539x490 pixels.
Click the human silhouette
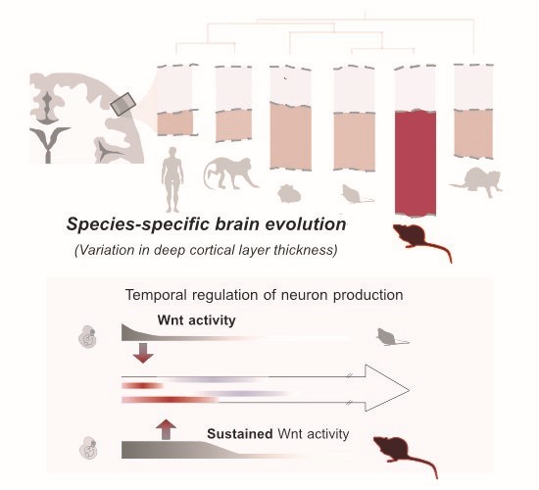pyautogui.click(x=172, y=179)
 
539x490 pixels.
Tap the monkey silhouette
pyautogui.click(x=229, y=173)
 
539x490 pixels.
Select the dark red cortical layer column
pyautogui.click(x=416, y=163)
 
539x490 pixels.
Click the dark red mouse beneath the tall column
pyautogui.click(x=421, y=241)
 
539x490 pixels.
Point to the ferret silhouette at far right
pyautogui.click(x=476, y=181)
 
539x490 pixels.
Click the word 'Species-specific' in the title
pyautogui.click(x=138, y=224)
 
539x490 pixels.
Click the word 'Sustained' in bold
pyautogui.click(x=240, y=433)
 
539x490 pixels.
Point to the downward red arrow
pyautogui.click(x=143, y=353)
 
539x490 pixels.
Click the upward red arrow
pyautogui.click(x=166, y=429)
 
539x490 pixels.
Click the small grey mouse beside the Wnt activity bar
pyautogui.click(x=391, y=337)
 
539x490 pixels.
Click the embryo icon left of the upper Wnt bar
pyautogui.click(x=87, y=337)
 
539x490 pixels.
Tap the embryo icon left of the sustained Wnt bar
pyautogui.click(x=88, y=448)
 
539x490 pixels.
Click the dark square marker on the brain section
pyautogui.click(x=123, y=104)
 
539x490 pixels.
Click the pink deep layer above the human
pyautogui.click(x=175, y=122)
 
